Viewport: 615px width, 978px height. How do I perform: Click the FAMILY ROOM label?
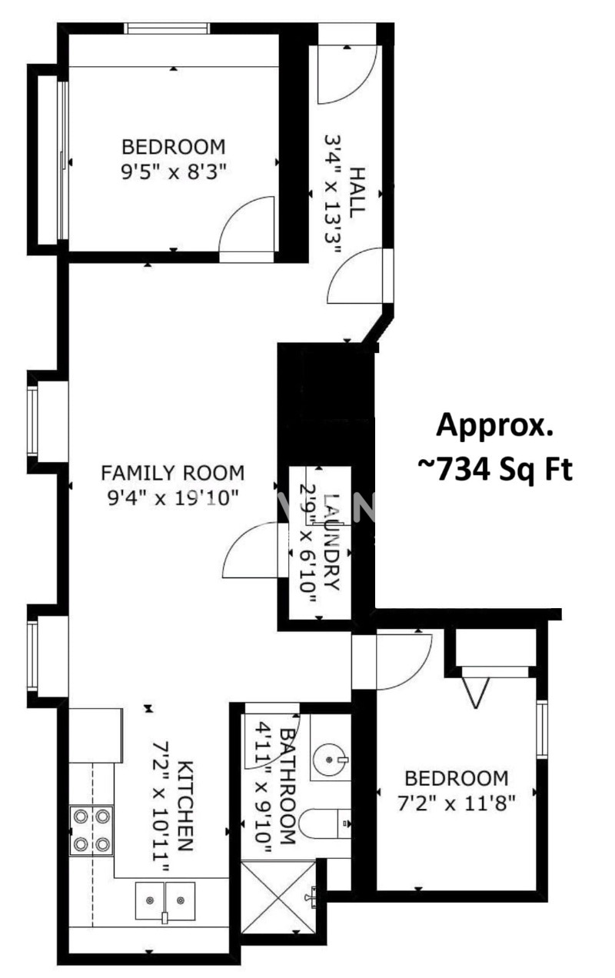pos(172,473)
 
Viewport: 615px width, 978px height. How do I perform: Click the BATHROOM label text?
pos(288,786)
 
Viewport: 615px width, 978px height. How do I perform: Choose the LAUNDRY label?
pos(333,541)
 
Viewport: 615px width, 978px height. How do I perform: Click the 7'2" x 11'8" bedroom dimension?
pos(457,803)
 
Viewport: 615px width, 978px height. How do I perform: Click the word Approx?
pos(494,426)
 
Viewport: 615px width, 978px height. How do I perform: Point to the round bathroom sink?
pos(331,760)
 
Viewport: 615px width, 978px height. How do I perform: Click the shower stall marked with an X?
pos(278,896)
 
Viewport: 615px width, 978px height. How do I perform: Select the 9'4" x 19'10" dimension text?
pos(173,497)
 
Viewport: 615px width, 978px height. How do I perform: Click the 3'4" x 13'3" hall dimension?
pos(332,194)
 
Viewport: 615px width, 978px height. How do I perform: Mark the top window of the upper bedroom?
pos(167,28)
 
